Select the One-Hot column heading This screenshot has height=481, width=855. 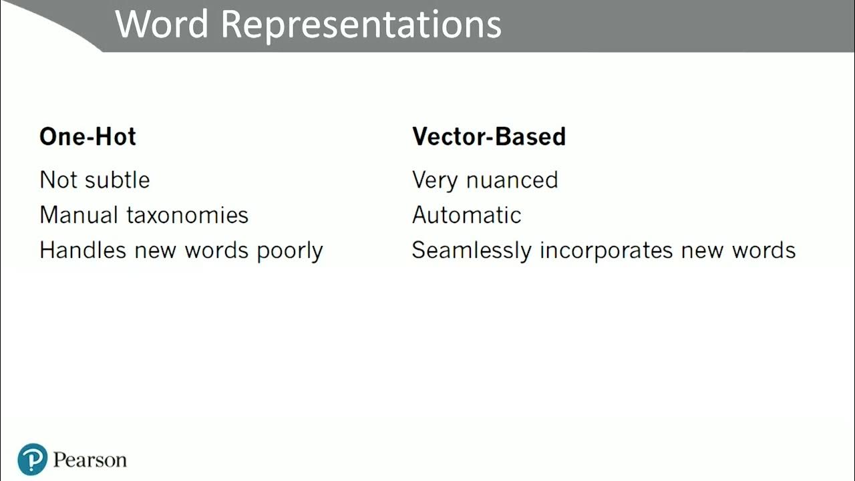click(x=88, y=136)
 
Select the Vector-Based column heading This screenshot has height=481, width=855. click(x=488, y=136)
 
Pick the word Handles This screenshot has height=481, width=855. click(x=82, y=251)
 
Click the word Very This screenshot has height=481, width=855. click(x=434, y=180)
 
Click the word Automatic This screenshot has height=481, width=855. click(x=466, y=215)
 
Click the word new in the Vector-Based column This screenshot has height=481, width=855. click(x=703, y=251)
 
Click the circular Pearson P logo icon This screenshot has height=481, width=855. click(x=33, y=460)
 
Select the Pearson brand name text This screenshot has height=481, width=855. click(x=90, y=460)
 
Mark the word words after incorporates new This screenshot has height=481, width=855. click(x=763, y=251)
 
